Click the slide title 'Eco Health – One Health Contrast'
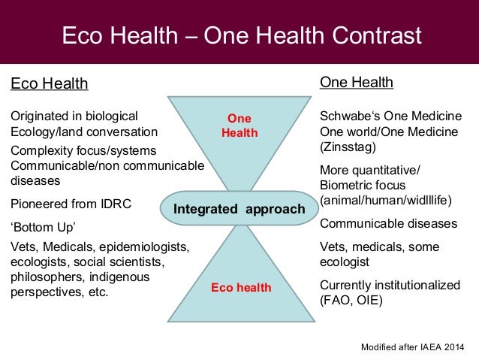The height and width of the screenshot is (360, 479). point(239,35)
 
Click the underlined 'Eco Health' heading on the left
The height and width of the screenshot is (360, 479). point(49,84)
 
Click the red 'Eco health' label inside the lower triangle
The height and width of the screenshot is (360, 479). point(241,288)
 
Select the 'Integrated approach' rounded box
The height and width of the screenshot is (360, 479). point(239,210)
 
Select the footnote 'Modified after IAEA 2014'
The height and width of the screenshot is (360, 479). point(413,346)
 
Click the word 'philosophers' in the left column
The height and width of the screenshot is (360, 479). point(44,277)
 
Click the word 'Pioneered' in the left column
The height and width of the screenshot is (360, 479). point(37,204)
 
